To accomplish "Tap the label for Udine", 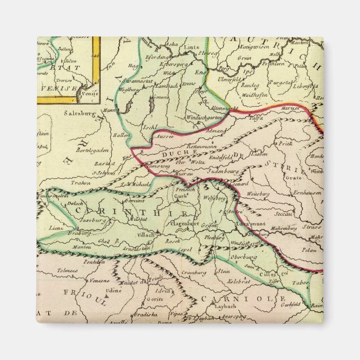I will pos(114,291).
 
